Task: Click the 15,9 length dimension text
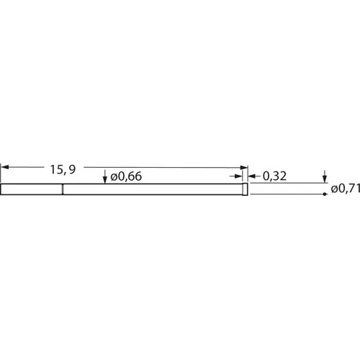point(63,169)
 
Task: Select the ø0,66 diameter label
point(126,176)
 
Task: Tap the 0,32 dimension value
point(274,176)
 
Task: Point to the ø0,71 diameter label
point(345,189)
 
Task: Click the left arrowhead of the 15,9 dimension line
point(5,167)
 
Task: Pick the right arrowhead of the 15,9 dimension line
point(244,167)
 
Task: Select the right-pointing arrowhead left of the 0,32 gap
point(238,176)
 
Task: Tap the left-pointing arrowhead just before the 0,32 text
point(251,176)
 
